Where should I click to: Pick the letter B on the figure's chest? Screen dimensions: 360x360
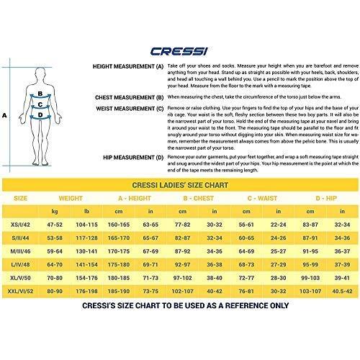41,94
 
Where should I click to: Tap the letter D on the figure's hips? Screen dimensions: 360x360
41,114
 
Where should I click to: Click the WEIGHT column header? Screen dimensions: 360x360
77,197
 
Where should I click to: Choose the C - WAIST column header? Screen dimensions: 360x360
258,197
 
